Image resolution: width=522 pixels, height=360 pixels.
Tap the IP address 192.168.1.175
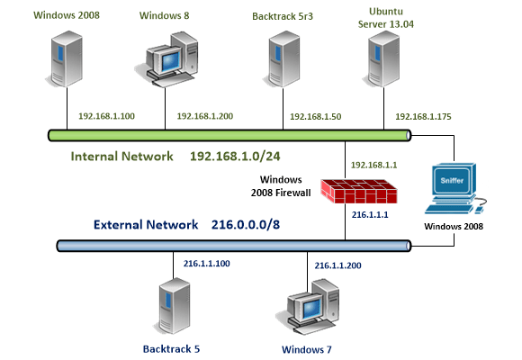pos(421,117)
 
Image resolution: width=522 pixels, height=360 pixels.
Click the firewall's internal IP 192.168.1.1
pos(373,166)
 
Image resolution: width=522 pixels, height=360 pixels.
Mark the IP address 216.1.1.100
pos(208,265)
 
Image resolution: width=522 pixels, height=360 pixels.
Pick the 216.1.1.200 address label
pos(339,265)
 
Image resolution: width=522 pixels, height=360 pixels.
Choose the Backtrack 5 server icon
pos(173,306)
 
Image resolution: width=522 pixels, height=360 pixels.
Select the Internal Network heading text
pos(122,156)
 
